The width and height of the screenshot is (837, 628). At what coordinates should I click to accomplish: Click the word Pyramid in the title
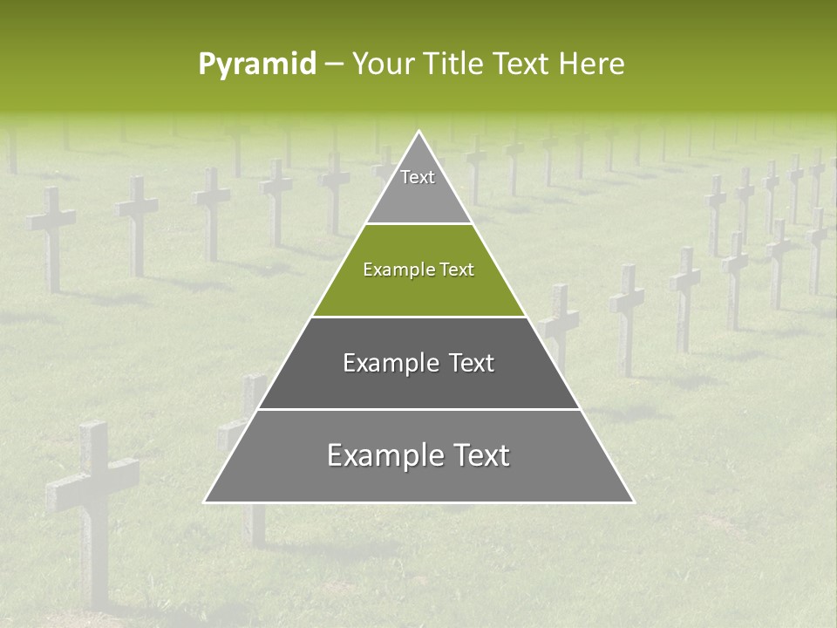click(256, 65)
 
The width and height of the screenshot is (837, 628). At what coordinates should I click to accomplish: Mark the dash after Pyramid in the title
click(333, 65)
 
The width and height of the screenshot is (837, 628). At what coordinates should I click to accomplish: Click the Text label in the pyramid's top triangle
click(418, 177)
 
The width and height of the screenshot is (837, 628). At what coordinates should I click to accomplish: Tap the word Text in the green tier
click(457, 270)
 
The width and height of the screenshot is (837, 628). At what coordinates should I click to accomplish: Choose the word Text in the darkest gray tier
click(471, 363)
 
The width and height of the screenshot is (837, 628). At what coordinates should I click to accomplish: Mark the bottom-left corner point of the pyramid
click(205, 502)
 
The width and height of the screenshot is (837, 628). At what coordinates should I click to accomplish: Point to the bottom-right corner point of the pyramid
click(634, 502)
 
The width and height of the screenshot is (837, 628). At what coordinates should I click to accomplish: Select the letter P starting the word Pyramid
click(207, 64)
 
